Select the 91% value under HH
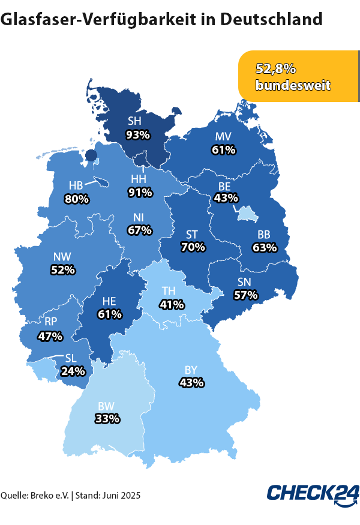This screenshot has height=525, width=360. click(x=140, y=193)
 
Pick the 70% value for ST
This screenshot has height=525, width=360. click(x=193, y=247)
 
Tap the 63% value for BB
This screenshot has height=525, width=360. click(x=265, y=247)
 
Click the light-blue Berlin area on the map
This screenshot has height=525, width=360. click(x=246, y=214)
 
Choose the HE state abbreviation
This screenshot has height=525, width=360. click(x=110, y=301)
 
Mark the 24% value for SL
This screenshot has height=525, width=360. click(x=73, y=370)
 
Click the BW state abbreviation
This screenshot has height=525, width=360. click(x=106, y=406)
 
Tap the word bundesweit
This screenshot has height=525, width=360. click(x=293, y=85)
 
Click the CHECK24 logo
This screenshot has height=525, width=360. click(x=313, y=494)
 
